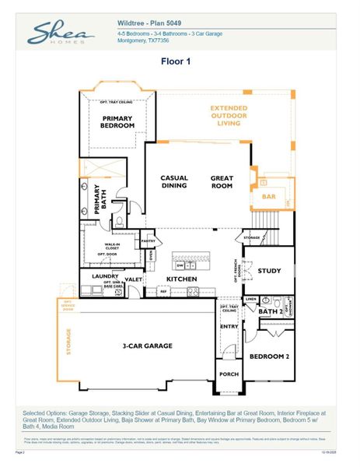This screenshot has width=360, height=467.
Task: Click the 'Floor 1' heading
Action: [176, 61]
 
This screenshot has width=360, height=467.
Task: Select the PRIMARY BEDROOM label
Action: [117, 121]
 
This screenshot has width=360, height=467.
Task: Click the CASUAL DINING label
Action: [175, 182]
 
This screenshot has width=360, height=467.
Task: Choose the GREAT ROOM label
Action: [222, 182]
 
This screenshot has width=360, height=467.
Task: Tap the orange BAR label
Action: [268, 197]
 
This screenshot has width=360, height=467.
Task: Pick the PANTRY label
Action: [148, 241]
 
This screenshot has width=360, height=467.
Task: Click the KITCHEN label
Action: [181, 279]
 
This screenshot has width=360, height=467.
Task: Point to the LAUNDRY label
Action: [104, 276]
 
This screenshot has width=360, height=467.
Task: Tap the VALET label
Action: [132, 279]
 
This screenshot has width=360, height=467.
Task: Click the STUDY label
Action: [269, 271]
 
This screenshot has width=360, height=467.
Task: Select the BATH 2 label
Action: [269, 311]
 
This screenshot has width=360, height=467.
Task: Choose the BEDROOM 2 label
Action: [269, 356]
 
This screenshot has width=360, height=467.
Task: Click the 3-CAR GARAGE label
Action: [146, 346]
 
